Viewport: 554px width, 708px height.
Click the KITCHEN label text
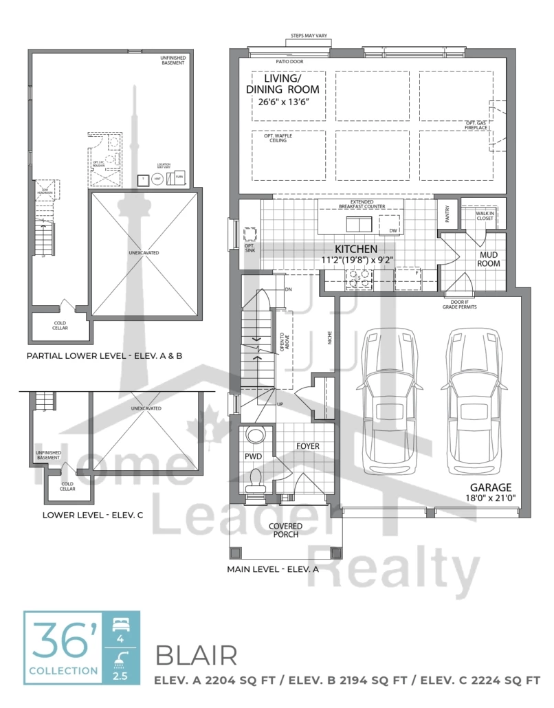tap(355, 249)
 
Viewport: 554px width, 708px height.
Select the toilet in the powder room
tap(256, 479)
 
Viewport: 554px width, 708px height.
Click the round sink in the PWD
tap(255, 436)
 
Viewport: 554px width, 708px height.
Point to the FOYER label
tap(307, 446)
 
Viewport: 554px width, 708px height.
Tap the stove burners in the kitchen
tap(359, 277)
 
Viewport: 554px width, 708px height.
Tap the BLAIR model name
tap(197, 656)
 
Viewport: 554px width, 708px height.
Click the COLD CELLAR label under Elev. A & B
tap(60, 327)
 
